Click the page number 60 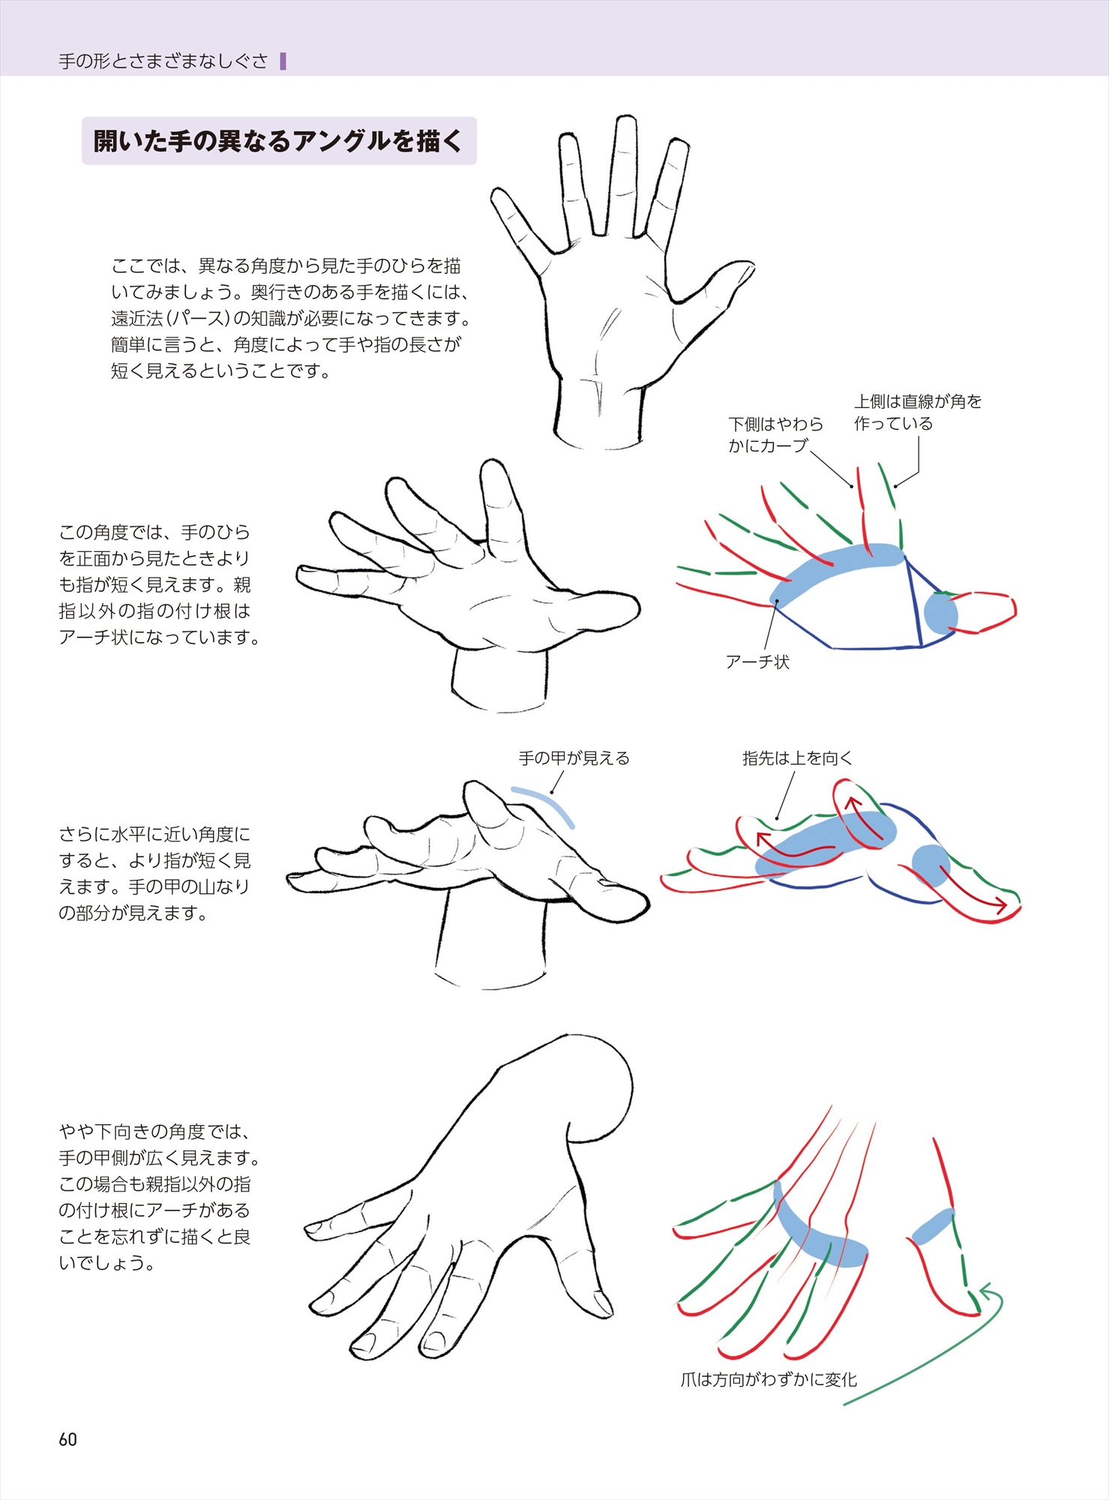tap(67, 1439)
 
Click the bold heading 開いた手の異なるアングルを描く tap(278, 141)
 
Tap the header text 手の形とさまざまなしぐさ tap(163, 61)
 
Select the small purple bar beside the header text tap(283, 61)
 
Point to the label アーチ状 tap(757, 661)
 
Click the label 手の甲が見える tap(574, 758)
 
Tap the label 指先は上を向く tap(798, 758)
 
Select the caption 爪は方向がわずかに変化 tap(769, 1379)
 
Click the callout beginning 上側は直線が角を tap(918, 412)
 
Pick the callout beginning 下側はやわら tap(775, 435)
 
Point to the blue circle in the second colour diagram tap(940, 613)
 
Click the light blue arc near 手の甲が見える tap(545, 804)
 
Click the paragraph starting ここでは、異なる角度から tap(292, 318)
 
